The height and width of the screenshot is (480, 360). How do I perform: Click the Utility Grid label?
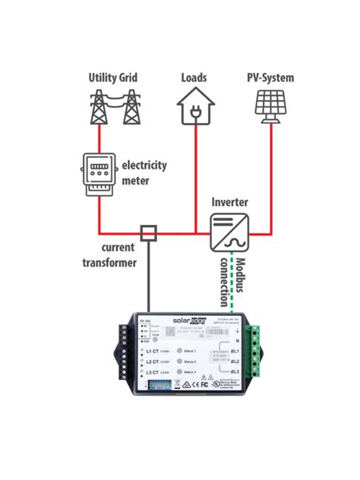click(112, 77)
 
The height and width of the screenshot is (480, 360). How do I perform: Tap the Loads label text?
click(194, 77)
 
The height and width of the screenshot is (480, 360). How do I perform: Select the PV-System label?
click(270, 77)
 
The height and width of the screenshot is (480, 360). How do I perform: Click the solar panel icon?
click(270, 107)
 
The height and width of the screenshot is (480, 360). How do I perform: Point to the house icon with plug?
click(194, 106)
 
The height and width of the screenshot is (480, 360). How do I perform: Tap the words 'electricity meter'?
click(144, 172)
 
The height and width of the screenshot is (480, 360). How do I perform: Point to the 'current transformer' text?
click(109, 256)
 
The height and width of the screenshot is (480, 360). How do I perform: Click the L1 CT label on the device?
click(150, 351)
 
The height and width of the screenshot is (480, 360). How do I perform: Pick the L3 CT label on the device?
click(150, 373)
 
